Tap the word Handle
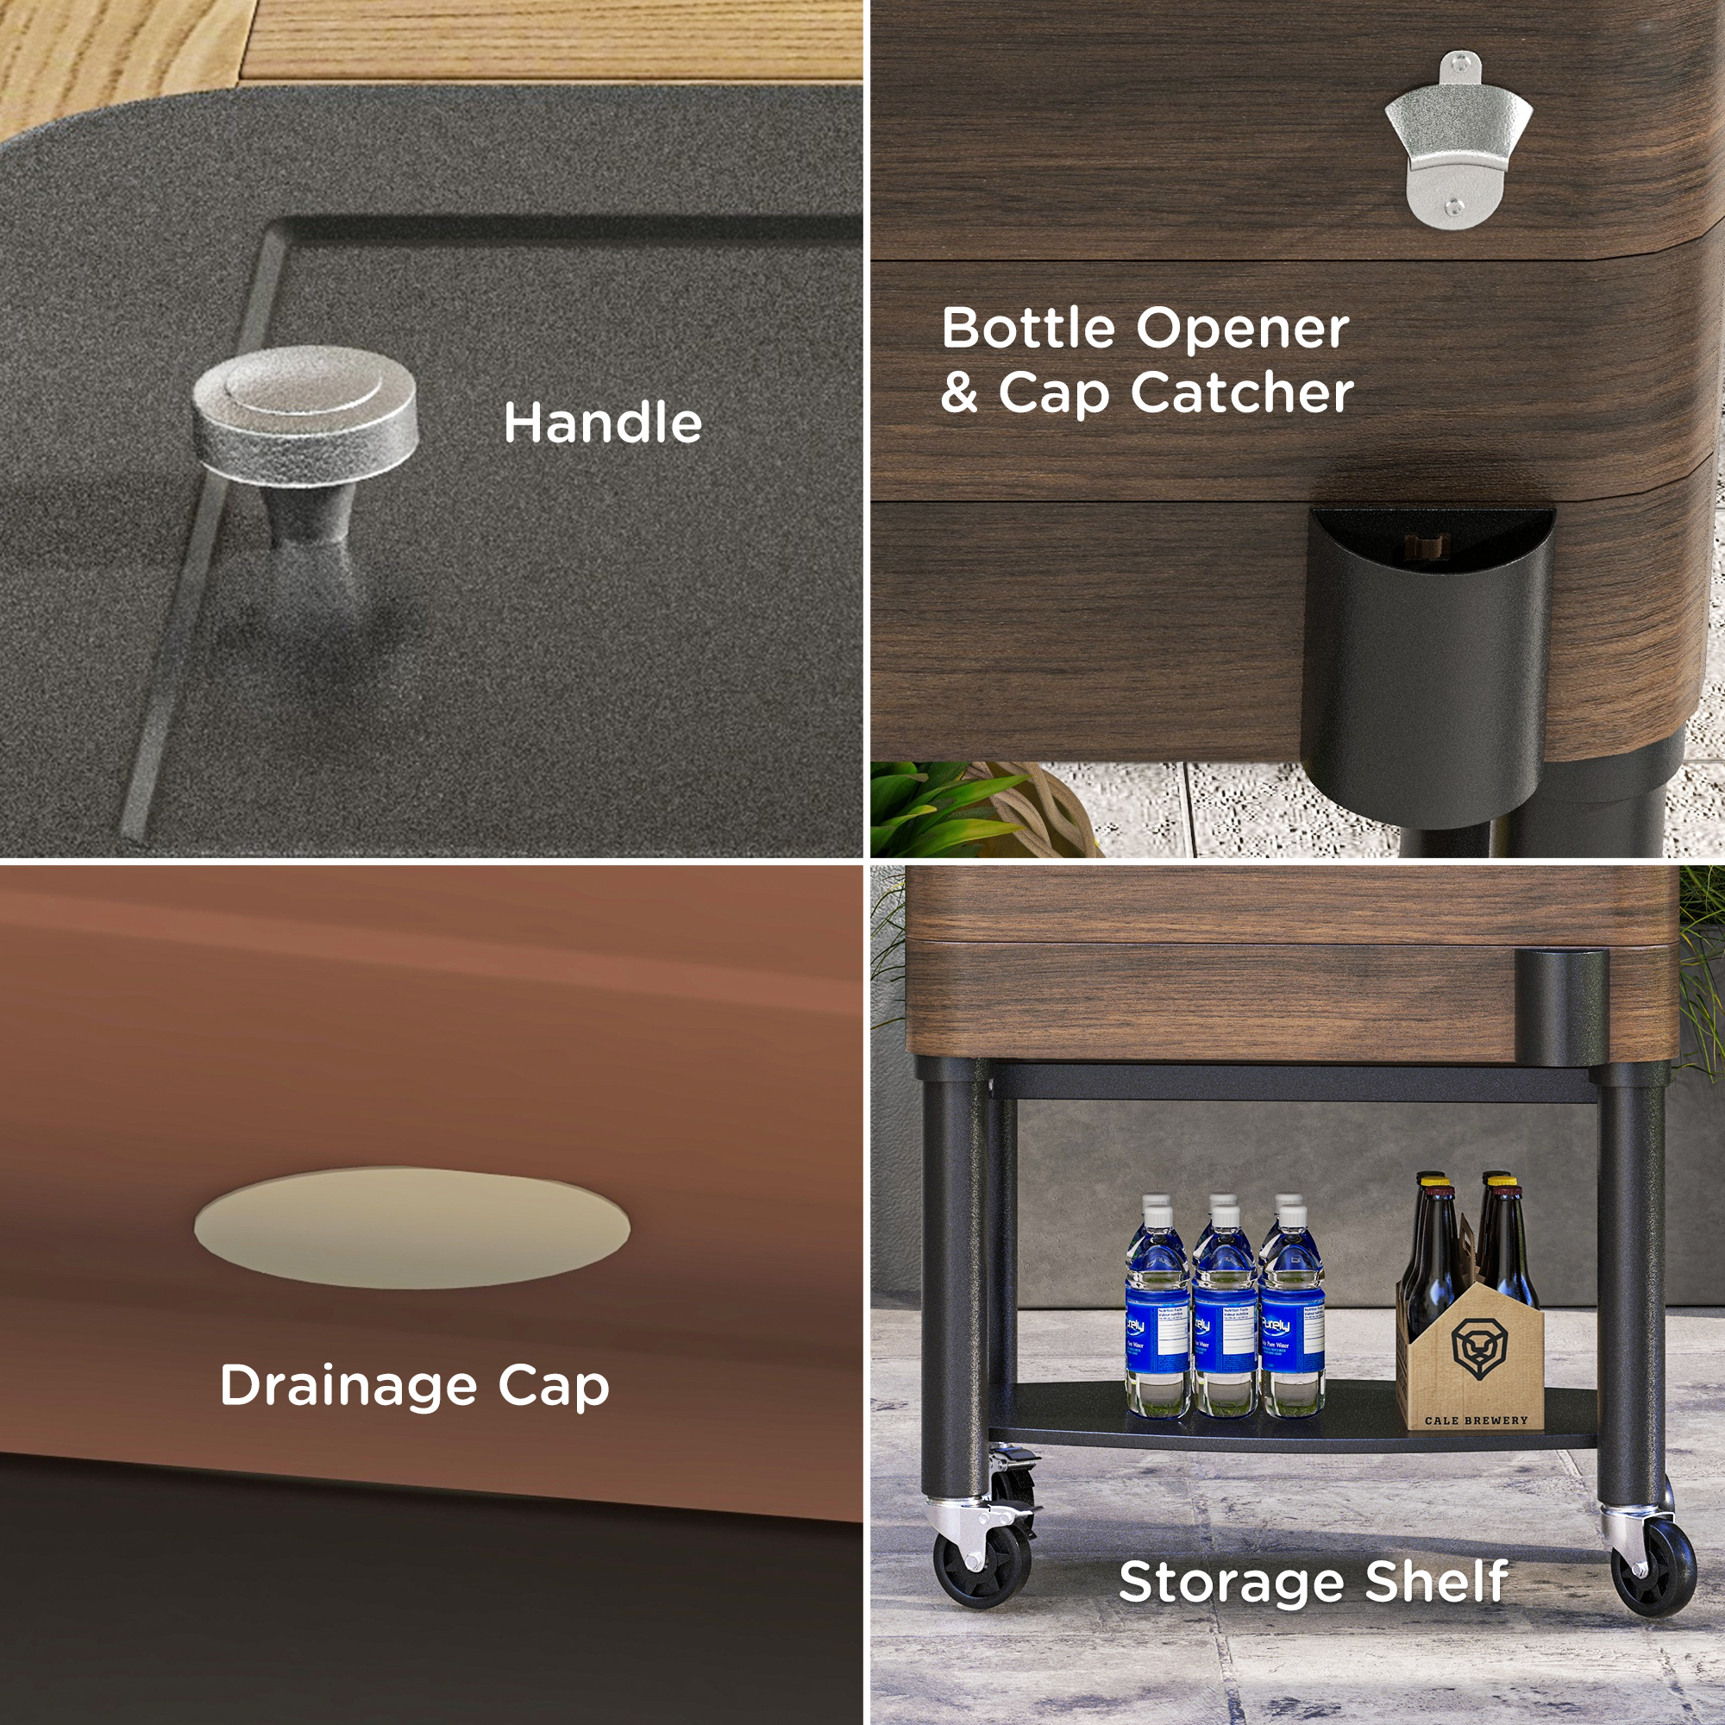click(x=603, y=423)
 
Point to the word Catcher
click(x=1242, y=392)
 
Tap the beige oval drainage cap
click(x=411, y=1227)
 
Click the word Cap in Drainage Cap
click(x=554, y=1387)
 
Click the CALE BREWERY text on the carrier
click(x=1476, y=1421)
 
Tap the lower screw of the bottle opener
click(x=1454, y=207)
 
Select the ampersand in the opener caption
click(x=960, y=392)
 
